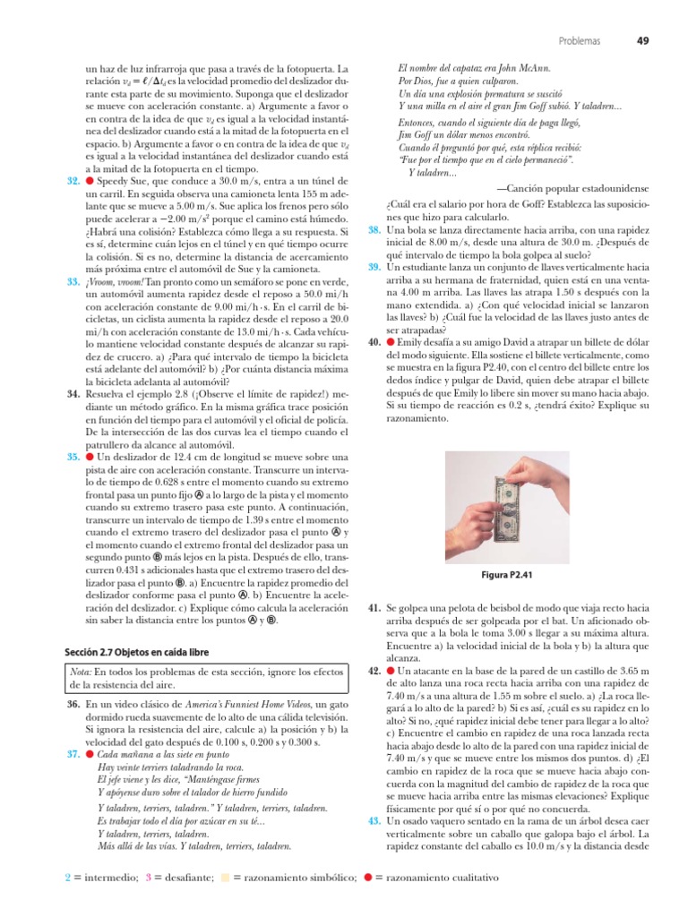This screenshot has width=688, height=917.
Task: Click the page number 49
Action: [642, 40]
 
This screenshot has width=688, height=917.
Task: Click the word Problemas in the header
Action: [580, 40]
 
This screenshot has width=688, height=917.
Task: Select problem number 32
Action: [73, 181]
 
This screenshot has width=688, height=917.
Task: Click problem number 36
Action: [73, 707]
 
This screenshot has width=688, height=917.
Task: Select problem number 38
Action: [374, 229]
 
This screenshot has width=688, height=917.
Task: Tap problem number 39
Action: [374, 267]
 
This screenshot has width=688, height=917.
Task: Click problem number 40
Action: [374, 342]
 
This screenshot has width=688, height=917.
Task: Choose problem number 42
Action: [374, 670]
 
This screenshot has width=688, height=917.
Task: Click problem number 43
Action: [374, 819]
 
